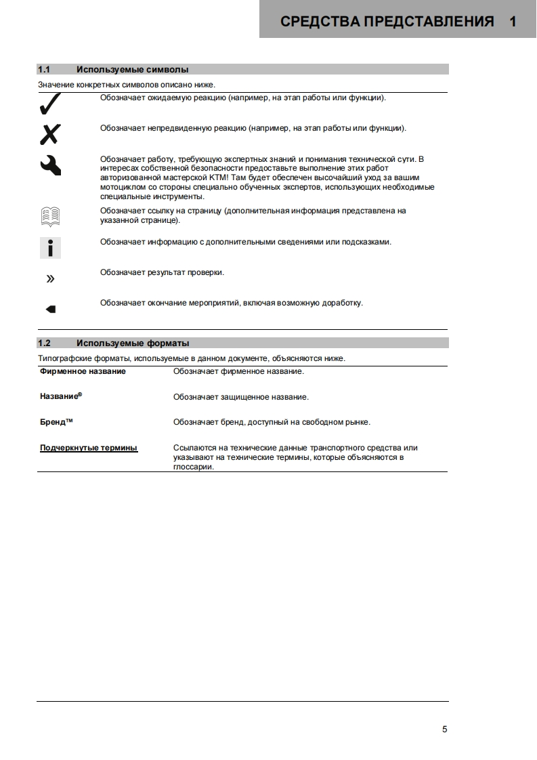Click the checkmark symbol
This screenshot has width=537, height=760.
tap(49, 105)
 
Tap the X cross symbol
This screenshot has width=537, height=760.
tap(49, 135)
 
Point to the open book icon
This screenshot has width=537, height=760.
tap(49, 216)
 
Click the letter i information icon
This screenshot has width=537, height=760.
tap(49, 247)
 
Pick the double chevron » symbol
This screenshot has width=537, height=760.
tap(50, 278)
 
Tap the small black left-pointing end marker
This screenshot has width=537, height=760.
tap(50, 309)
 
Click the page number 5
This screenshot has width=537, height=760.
tap(444, 730)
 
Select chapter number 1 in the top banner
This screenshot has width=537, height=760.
tap(513, 22)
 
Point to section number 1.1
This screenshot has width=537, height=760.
tap(44, 69)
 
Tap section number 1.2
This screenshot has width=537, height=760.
tap(44, 343)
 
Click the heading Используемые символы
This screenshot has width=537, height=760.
tap(132, 69)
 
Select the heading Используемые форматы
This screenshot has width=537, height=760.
tap(133, 343)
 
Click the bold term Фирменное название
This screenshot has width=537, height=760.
tap(83, 371)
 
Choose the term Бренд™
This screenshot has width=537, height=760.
tap(56, 422)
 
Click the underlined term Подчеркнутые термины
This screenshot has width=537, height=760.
tap(89, 448)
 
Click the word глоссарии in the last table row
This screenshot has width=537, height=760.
tap(194, 467)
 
